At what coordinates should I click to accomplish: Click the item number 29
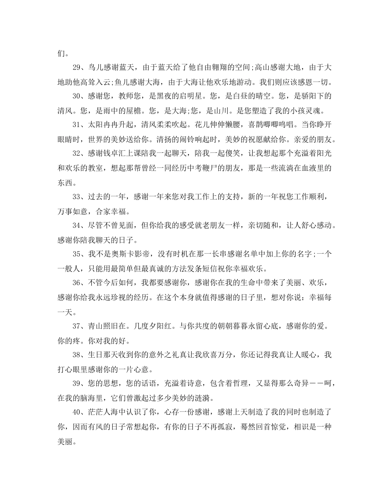78,68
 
